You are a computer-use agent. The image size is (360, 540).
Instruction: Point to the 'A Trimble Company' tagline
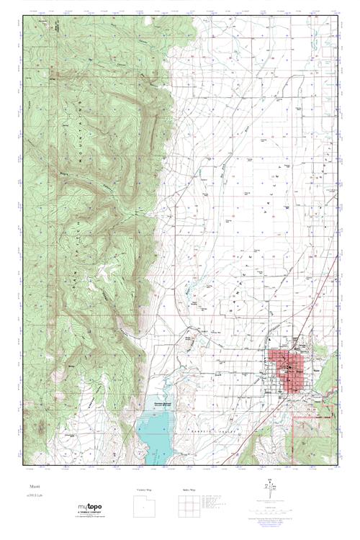click(92, 514)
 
